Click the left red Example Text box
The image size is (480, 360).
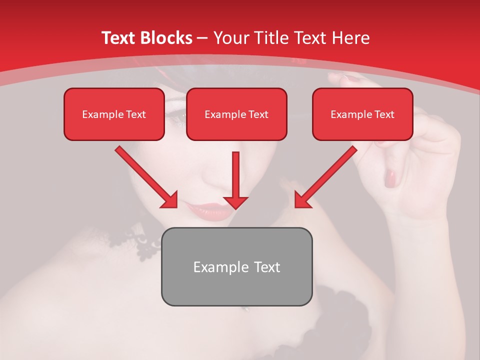click(x=114, y=114)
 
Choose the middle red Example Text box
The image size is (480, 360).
click(x=236, y=114)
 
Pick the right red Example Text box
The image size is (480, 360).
click(x=362, y=114)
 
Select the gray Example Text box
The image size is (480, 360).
click(x=236, y=266)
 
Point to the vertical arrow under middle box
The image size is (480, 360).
click(x=235, y=180)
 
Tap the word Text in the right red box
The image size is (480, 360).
click(x=384, y=114)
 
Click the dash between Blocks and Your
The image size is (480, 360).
click(x=202, y=38)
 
